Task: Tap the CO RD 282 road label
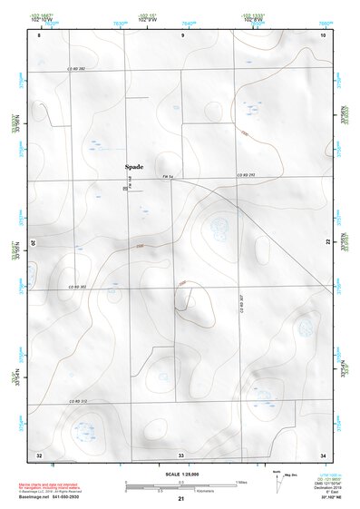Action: [75, 69]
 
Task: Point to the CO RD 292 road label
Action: [248, 175]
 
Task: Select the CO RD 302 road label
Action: [77, 287]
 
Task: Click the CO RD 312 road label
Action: [77, 402]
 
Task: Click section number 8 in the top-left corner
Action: [39, 35]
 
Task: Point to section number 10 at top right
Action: [322, 35]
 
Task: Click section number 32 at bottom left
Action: [39, 454]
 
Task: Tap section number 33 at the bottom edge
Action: [181, 454]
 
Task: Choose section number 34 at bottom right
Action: [323, 454]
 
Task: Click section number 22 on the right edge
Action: [328, 242]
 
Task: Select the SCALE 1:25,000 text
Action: [180, 474]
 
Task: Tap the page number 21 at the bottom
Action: [180, 500]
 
